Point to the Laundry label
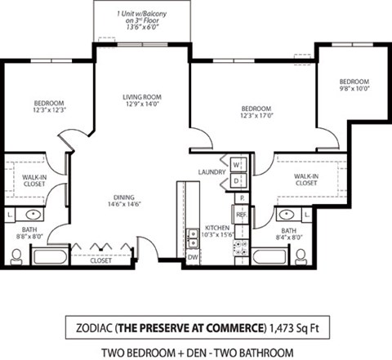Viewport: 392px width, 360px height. coord(211,171)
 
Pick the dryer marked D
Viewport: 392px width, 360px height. coord(236,179)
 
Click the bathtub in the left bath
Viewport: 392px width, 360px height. coord(51,256)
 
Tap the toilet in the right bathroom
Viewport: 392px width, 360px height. coord(301,256)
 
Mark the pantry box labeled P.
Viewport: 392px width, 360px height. coord(240,198)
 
